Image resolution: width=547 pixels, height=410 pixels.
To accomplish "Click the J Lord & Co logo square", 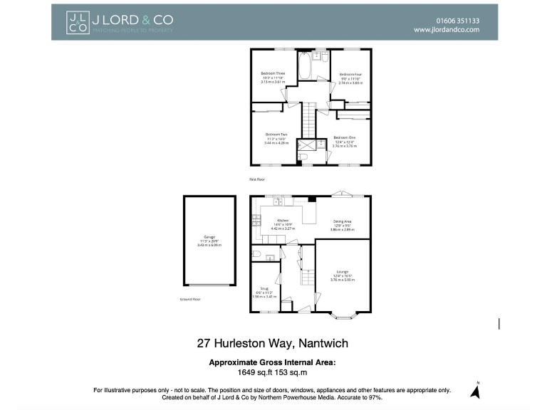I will click(x=78, y=22).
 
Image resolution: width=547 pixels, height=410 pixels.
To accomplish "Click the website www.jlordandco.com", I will click(x=447, y=31).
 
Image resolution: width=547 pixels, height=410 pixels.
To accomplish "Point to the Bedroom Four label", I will click(x=350, y=75).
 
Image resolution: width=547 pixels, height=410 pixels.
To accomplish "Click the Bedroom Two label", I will click(x=276, y=135).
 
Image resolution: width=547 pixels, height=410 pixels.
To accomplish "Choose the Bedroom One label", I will click(x=344, y=137).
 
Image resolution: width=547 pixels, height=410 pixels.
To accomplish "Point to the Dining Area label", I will click(x=342, y=222).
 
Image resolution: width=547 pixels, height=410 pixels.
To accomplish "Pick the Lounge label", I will click(x=343, y=272).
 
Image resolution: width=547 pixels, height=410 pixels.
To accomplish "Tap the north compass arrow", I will click(x=475, y=390).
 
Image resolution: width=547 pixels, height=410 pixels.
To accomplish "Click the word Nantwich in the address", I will click(x=325, y=343).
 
